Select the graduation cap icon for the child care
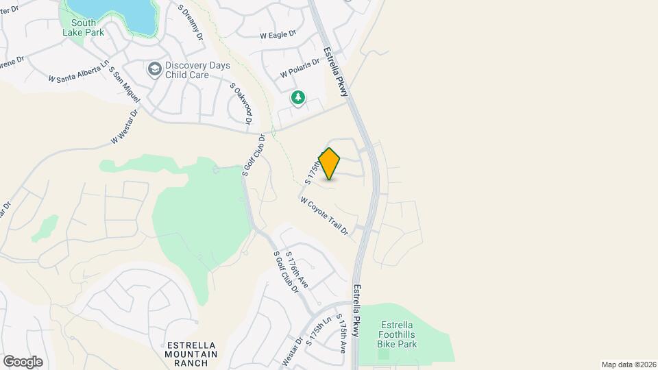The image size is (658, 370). click(x=154, y=69)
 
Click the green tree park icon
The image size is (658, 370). click(x=298, y=98)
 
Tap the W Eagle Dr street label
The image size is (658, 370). click(x=278, y=34)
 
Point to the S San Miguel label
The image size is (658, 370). click(x=125, y=86)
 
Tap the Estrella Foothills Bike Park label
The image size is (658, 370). click(x=397, y=334)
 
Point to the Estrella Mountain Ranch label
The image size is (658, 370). click(x=191, y=354)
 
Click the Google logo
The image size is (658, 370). click(x=23, y=362)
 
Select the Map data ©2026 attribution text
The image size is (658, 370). click(x=627, y=365)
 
